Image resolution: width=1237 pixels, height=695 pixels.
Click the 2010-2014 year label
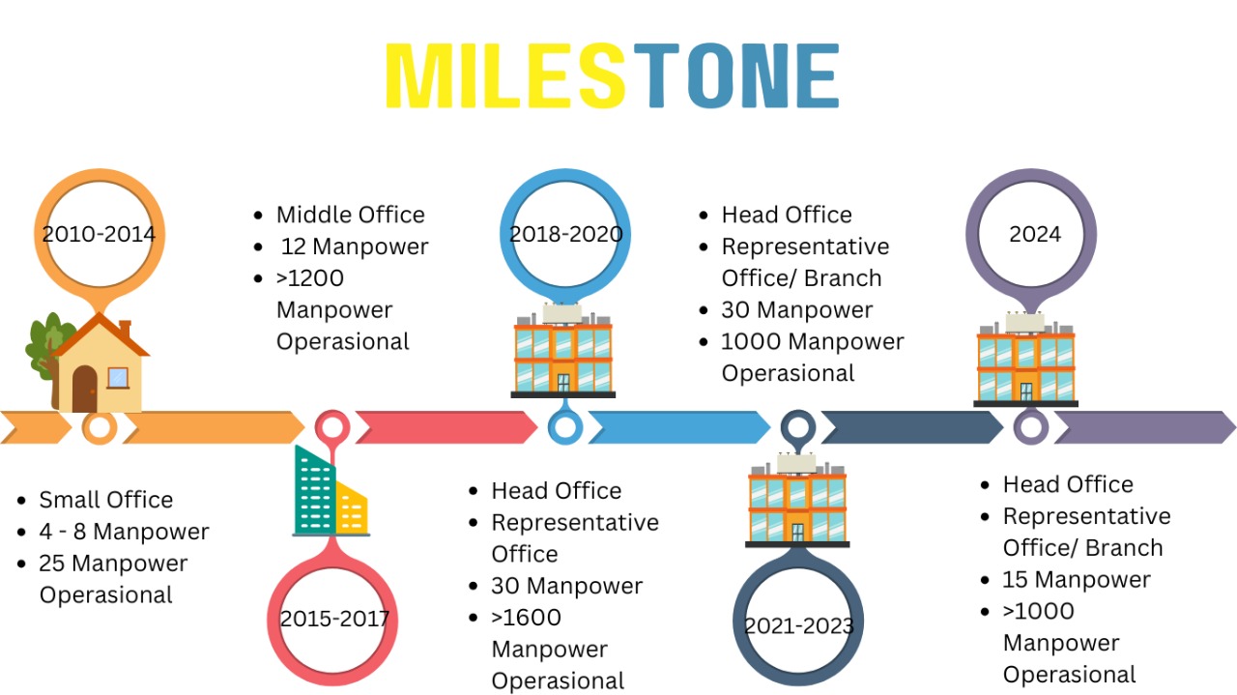point(99,234)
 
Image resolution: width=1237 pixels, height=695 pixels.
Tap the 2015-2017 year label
point(334,619)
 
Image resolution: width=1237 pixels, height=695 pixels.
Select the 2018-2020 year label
point(566,234)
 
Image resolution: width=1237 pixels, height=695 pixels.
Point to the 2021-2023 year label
point(798,625)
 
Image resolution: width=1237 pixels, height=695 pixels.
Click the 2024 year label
point(1034,234)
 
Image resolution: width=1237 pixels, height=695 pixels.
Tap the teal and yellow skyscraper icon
point(329,493)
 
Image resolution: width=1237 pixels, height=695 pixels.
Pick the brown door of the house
point(85,389)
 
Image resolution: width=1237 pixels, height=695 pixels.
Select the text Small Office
point(105,500)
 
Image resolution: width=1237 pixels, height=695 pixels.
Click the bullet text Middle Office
point(350,215)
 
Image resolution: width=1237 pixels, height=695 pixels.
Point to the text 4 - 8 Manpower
point(124,532)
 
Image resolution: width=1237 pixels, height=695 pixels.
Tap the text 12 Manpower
point(355,246)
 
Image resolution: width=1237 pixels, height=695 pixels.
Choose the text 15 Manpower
point(1077,579)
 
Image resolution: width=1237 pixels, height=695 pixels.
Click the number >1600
point(526,617)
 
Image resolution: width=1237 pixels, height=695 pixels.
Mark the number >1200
point(310,278)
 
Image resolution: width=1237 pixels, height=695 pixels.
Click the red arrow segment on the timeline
point(445,427)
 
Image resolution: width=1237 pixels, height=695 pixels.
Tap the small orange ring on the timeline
point(99,427)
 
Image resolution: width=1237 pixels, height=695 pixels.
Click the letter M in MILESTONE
point(419,75)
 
